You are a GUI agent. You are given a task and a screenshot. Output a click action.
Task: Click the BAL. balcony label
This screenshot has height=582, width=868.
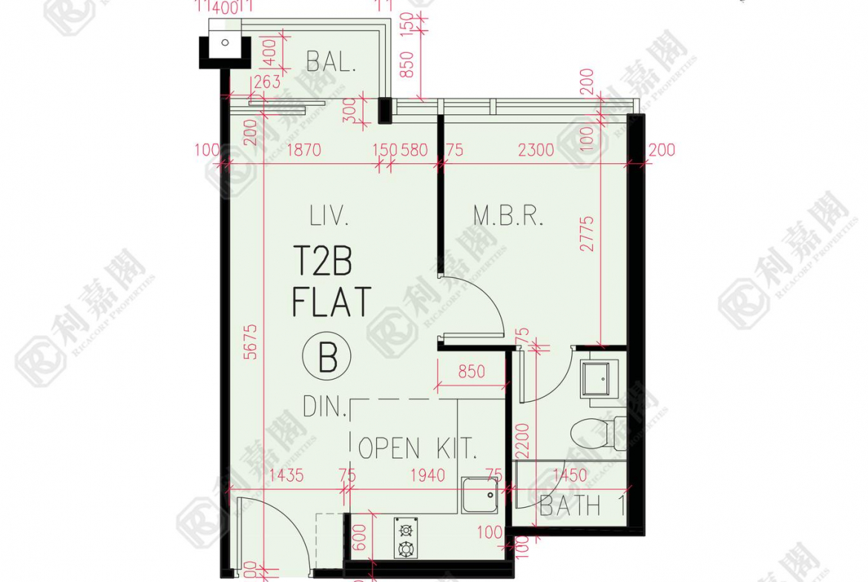[x=332, y=61]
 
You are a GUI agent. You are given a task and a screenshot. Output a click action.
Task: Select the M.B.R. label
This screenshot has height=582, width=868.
[x=509, y=216]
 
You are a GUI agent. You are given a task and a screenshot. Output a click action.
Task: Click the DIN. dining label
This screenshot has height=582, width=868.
[x=324, y=406]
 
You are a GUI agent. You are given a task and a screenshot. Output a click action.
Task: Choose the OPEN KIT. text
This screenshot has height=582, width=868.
[x=417, y=448]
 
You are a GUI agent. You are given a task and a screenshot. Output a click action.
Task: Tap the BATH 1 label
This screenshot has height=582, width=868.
[x=581, y=506]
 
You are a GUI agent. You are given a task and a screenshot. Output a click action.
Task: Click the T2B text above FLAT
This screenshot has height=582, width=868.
[x=324, y=262]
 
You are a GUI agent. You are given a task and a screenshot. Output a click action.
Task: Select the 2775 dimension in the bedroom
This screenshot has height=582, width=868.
[x=588, y=233]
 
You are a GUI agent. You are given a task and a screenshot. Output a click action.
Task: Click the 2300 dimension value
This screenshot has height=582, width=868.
[x=536, y=151]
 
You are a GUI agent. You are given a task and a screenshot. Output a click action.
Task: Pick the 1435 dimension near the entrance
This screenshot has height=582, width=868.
[x=286, y=475]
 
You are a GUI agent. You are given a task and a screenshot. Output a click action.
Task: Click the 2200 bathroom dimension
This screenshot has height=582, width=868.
[x=521, y=442]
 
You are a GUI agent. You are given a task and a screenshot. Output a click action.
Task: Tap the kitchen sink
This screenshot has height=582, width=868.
[x=479, y=495]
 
